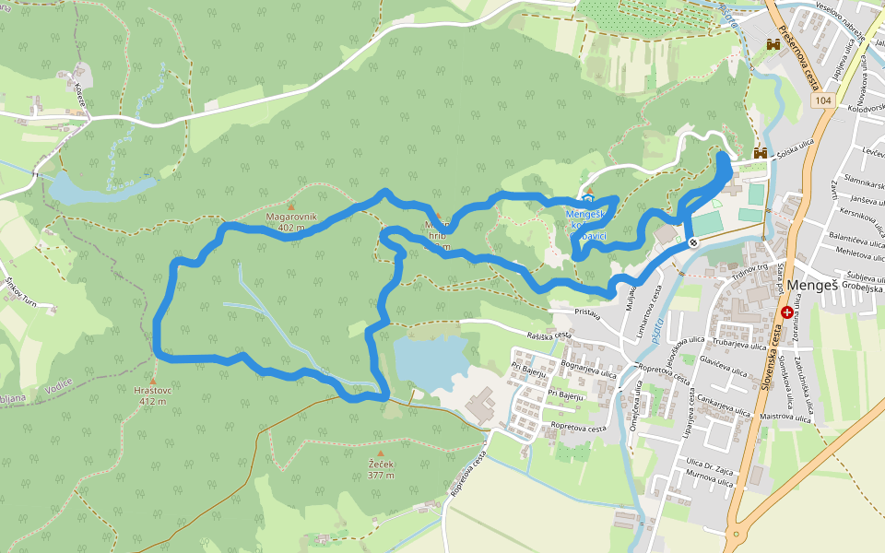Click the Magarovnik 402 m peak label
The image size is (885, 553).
(291, 221)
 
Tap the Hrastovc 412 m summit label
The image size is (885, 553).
(153, 395)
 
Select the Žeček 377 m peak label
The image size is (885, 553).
(380, 469)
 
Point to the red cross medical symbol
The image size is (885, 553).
(786, 313)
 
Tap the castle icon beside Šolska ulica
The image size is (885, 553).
(761, 153)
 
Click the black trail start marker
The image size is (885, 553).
(692, 241)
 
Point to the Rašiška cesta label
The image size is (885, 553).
(544, 338)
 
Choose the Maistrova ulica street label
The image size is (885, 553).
(785, 417)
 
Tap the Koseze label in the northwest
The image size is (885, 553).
(82, 94)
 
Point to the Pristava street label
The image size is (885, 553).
(587, 314)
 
